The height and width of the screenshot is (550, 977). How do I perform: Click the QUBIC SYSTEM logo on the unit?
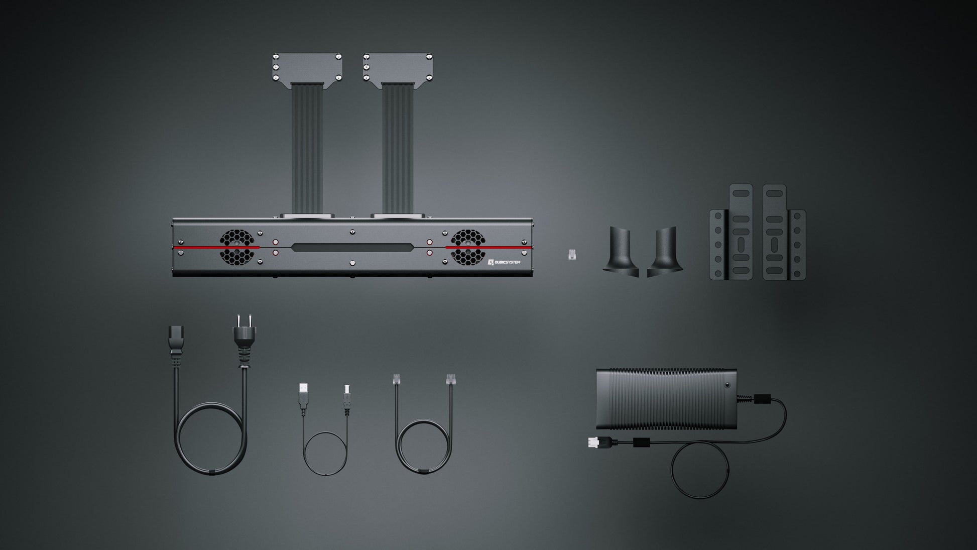[504, 262]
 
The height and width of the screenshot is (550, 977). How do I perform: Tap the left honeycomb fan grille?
[235, 247]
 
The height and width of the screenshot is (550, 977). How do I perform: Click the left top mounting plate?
[307, 68]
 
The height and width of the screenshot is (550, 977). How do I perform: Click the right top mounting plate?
[398, 68]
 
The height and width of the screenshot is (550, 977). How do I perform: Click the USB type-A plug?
[303, 396]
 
